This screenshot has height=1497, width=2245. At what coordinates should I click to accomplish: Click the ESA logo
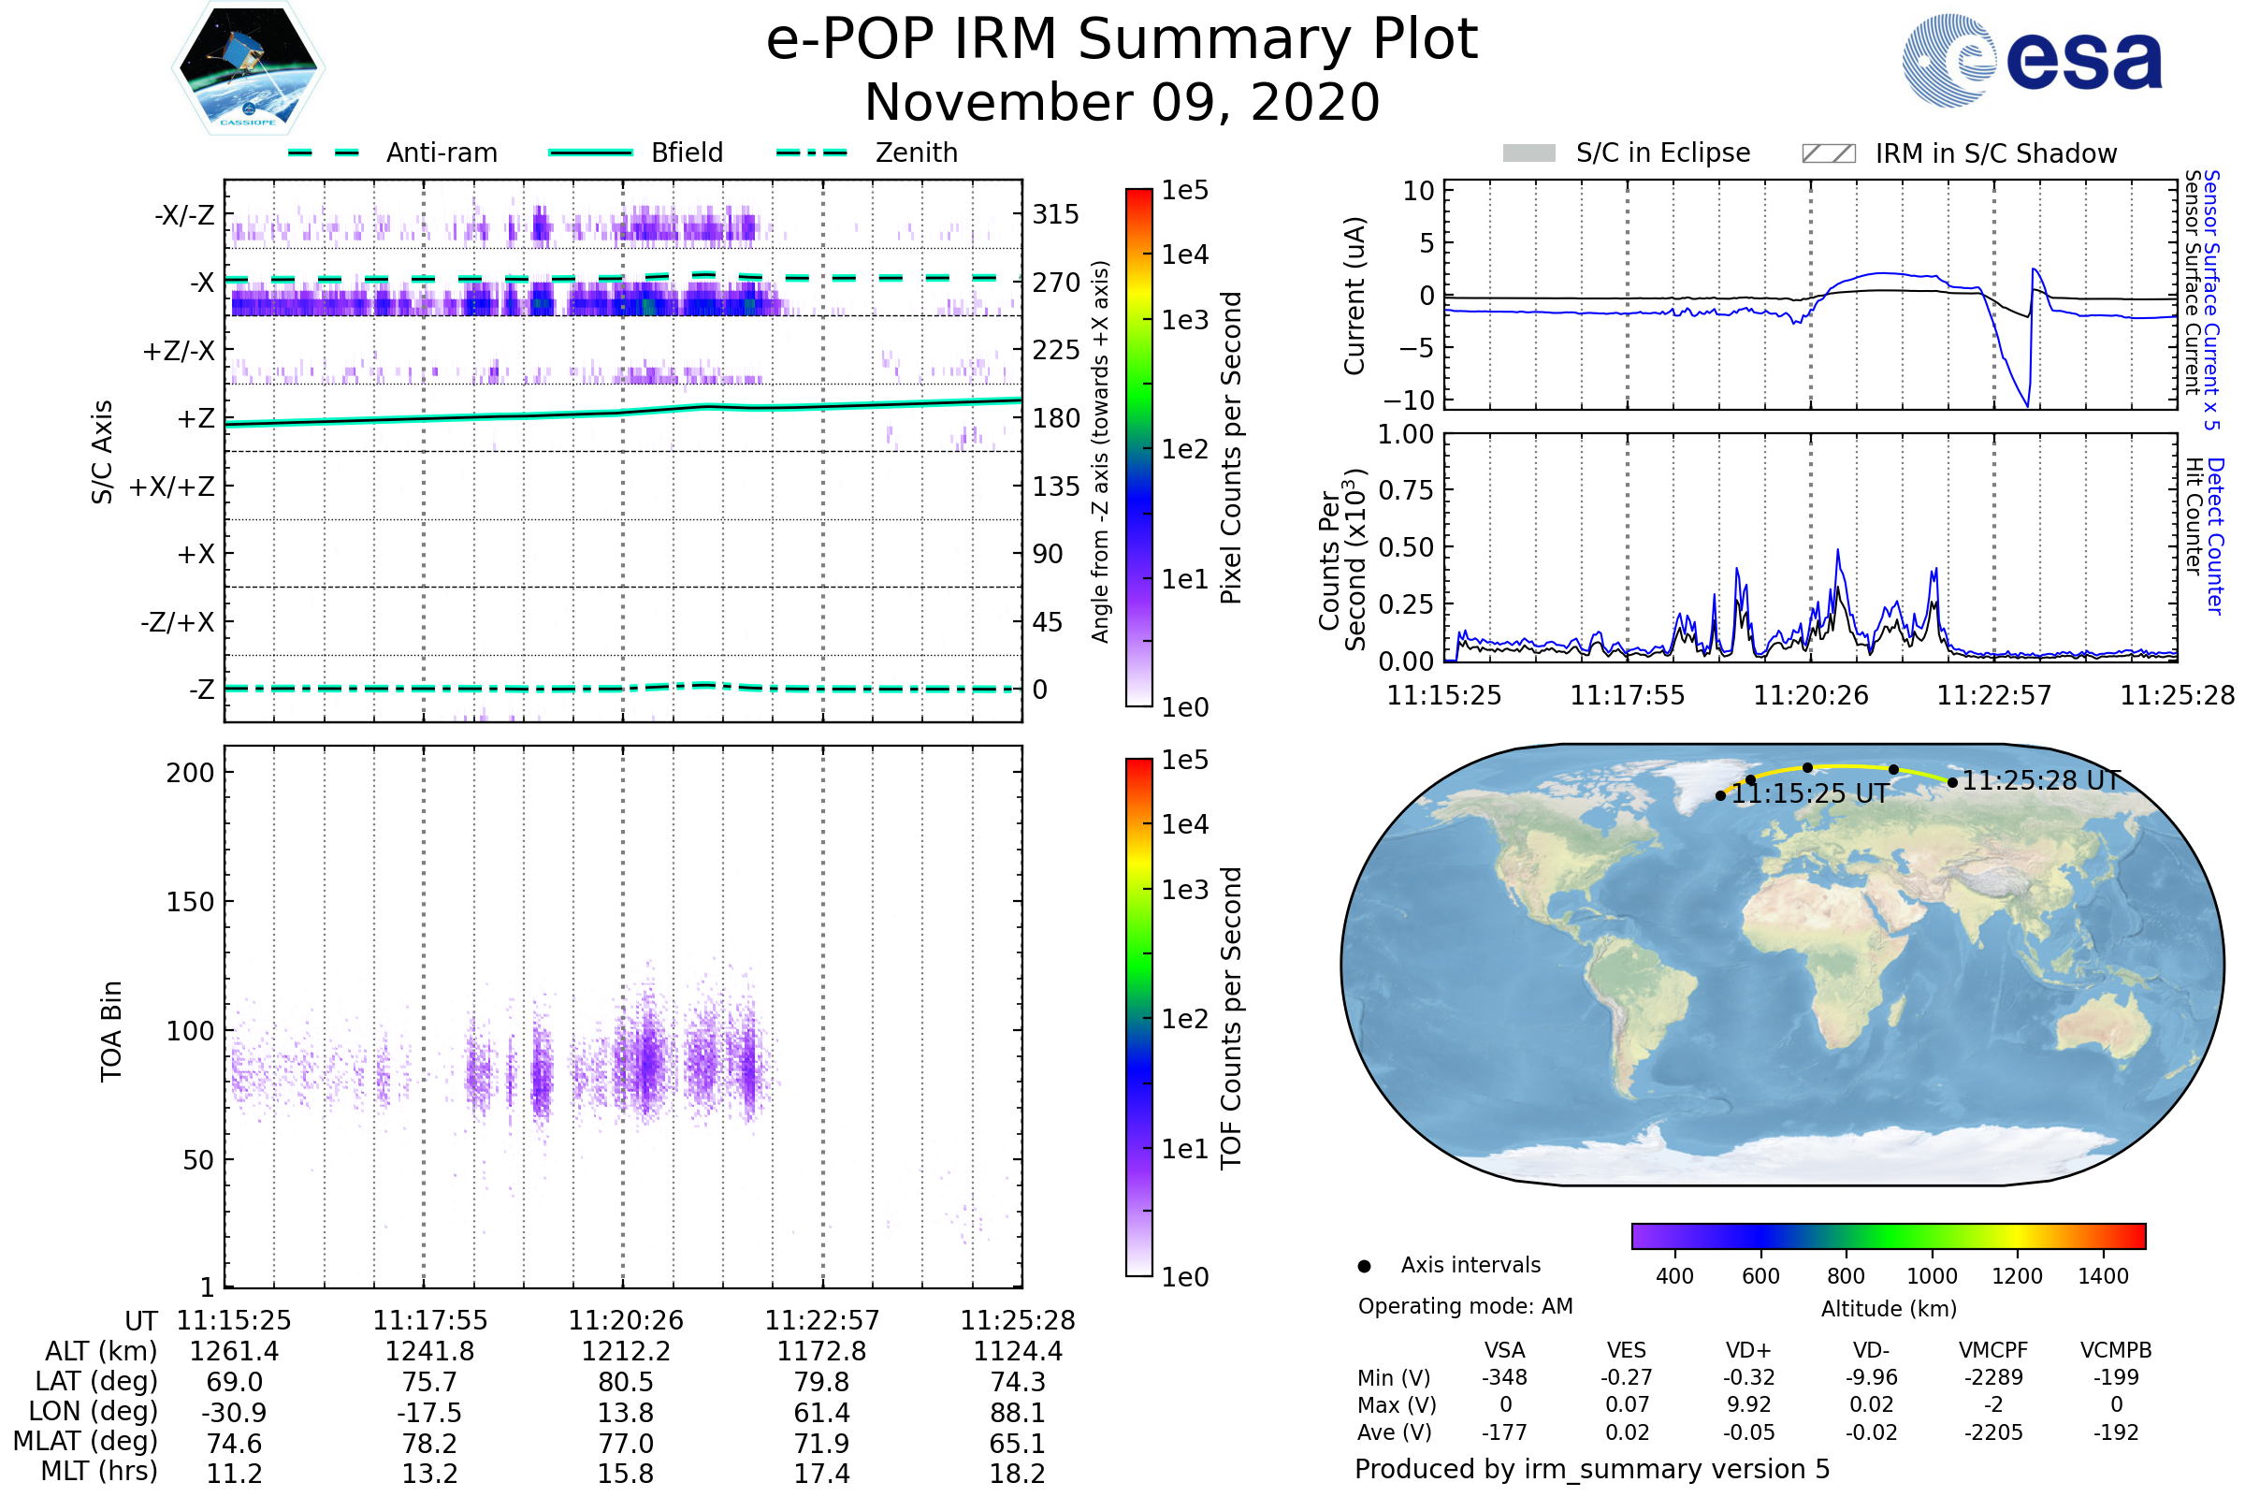coord(2033,61)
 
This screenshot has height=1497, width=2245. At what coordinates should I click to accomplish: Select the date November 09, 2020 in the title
coord(1122,103)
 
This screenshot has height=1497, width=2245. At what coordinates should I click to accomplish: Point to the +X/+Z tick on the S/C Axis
coord(172,487)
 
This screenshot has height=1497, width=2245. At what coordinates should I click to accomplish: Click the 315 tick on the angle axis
coord(1055,214)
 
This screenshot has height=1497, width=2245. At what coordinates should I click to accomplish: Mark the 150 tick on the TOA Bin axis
coord(190,902)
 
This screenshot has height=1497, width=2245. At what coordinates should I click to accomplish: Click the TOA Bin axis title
coord(111,1031)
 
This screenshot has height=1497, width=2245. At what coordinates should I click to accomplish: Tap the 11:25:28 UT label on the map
coord(2041,781)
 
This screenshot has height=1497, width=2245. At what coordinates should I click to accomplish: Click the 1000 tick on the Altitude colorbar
coord(1931,1276)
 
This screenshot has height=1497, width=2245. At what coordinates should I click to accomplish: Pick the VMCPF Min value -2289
coord(1993,1377)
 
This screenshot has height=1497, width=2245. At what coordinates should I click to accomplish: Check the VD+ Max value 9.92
coord(1748,1405)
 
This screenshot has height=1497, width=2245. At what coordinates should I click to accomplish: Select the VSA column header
coord(1504,1351)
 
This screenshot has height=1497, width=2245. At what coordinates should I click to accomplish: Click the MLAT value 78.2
coord(429,1444)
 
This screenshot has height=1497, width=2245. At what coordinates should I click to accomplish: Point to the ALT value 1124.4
coord(1017,1352)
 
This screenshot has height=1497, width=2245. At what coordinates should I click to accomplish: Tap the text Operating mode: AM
coord(1465,1306)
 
